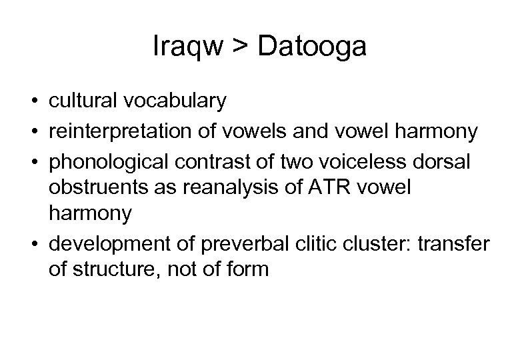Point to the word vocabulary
tap(175, 101)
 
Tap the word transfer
tap(455, 244)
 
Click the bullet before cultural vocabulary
tap(31, 102)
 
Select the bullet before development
tap(31, 245)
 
